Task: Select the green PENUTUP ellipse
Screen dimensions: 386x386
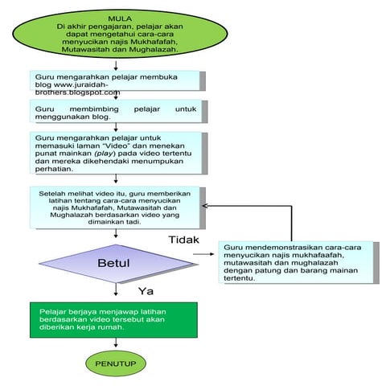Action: pyautogui.click(x=117, y=364)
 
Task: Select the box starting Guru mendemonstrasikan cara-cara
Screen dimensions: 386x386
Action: pyautogui.click(x=297, y=263)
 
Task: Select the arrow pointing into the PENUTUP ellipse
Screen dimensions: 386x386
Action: pyautogui.click(x=117, y=343)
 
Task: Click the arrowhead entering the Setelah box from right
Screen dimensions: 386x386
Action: pyautogui.click(x=206, y=206)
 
